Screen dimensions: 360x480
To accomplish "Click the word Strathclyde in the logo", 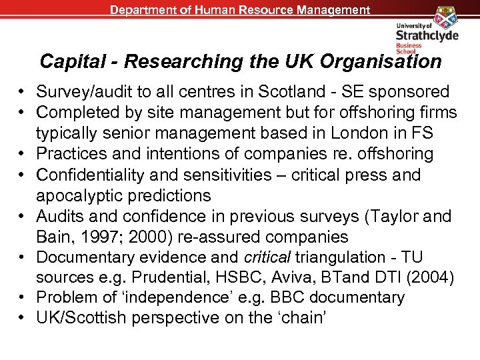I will click(427, 35).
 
